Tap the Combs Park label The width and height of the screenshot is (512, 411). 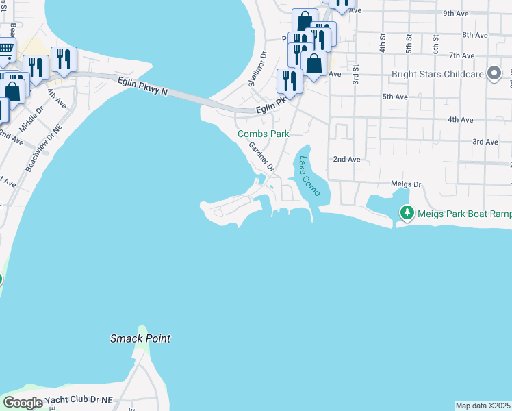point(263,134)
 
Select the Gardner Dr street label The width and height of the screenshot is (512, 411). point(261,157)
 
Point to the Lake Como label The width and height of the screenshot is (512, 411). point(309,176)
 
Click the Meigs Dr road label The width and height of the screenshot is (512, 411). point(408,184)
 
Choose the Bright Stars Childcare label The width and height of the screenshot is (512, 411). point(437,75)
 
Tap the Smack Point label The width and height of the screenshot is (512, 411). point(140,338)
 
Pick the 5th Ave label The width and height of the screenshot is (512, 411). point(395,97)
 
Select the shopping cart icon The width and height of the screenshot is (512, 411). point(5,49)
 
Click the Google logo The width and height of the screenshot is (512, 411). point(23,403)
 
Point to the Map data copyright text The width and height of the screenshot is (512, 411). point(483,406)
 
